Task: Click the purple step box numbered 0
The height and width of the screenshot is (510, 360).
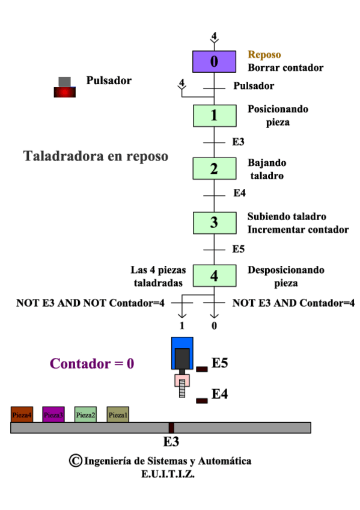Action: [214, 61]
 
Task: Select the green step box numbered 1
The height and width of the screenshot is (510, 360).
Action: [214, 115]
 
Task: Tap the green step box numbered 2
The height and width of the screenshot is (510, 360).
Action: [214, 168]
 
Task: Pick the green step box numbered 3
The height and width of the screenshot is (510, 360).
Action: [214, 222]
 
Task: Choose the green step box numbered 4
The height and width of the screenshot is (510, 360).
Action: [214, 275]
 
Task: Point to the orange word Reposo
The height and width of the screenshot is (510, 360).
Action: [264, 55]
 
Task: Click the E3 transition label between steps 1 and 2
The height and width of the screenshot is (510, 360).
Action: [238, 143]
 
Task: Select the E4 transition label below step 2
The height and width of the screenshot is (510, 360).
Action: [239, 194]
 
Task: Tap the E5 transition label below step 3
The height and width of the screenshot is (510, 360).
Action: [239, 248]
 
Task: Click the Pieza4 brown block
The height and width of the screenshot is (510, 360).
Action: [22, 414]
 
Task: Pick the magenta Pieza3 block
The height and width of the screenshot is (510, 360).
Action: [53, 414]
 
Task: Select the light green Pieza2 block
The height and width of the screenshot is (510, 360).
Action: [85, 414]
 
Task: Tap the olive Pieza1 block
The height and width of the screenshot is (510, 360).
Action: [118, 414]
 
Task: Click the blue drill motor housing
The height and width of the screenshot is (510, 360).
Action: [182, 352]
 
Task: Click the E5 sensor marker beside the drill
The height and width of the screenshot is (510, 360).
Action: [202, 369]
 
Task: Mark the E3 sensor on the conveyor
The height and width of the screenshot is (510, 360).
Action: [171, 428]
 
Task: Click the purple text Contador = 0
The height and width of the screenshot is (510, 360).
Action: [92, 364]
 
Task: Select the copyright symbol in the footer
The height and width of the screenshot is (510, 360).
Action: [76, 461]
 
